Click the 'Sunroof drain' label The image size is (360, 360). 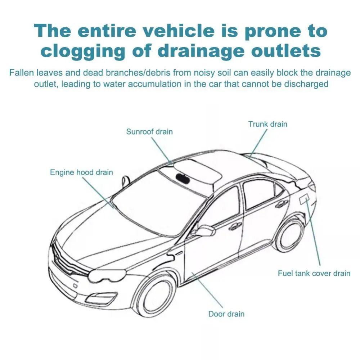pos(149,132)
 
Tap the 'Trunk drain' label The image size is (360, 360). pos(268,124)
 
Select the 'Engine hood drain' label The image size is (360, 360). pos(81,172)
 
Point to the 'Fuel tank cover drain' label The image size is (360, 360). pos(314,273)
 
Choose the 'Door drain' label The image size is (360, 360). pos(226,314)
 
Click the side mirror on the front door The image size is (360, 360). pos(204,230)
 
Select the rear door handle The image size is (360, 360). pos(282,204)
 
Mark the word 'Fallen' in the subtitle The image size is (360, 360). pos(21,73)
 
